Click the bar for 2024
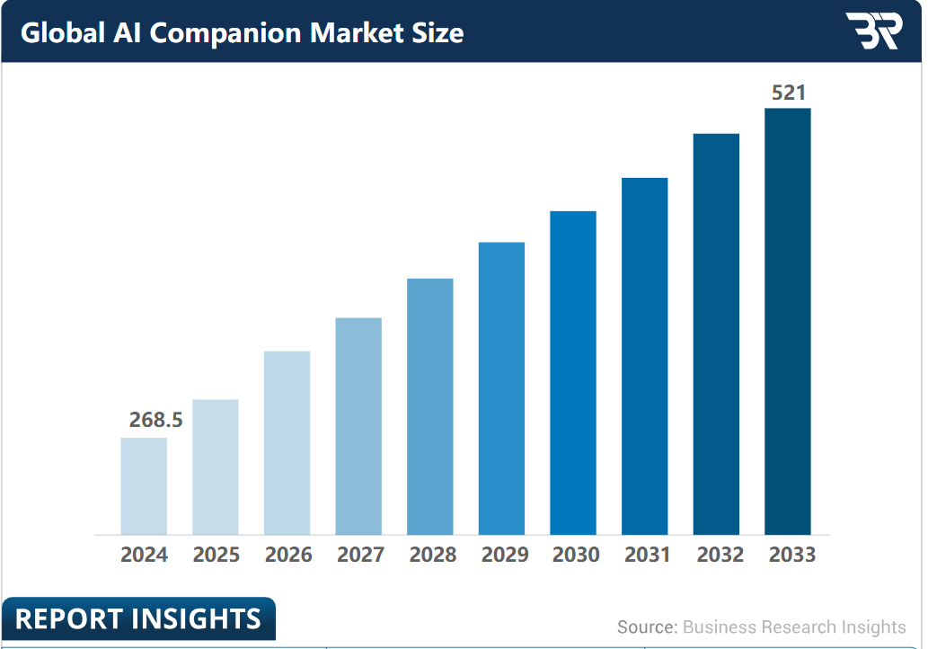144,486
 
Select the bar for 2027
358,426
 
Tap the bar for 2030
573,373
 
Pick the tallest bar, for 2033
788,322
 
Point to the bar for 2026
287,443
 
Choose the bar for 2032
716,334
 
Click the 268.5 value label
156,420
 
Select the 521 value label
789,93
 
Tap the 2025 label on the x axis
216,555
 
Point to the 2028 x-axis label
433,555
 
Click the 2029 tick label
505,555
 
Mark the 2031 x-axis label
648,555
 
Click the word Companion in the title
225,34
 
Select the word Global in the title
63,32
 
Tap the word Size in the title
438,32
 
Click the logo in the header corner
873,31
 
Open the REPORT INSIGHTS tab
138,618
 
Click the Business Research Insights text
794,627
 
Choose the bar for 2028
430,407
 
